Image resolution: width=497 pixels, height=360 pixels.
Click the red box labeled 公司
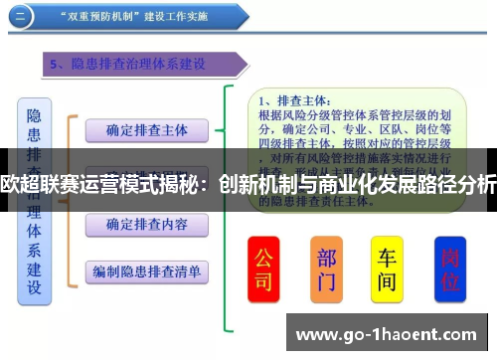click(x=263, y=268)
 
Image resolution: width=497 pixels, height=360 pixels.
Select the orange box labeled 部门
click(x=326, y=268)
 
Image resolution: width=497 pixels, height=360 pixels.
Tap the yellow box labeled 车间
click(x=387, y=268)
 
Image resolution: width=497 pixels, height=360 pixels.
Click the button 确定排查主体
click(x=146, y=129)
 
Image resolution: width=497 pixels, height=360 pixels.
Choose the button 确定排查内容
click(x=146, y=223)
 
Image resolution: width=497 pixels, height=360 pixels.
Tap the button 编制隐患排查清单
click(x=146, y=270)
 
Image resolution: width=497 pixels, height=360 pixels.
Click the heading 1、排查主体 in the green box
click(x=289, y=99)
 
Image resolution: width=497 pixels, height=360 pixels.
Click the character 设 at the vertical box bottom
click(x=34, y=288)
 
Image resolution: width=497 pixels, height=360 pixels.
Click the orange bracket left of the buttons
click(x=70, y=199)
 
